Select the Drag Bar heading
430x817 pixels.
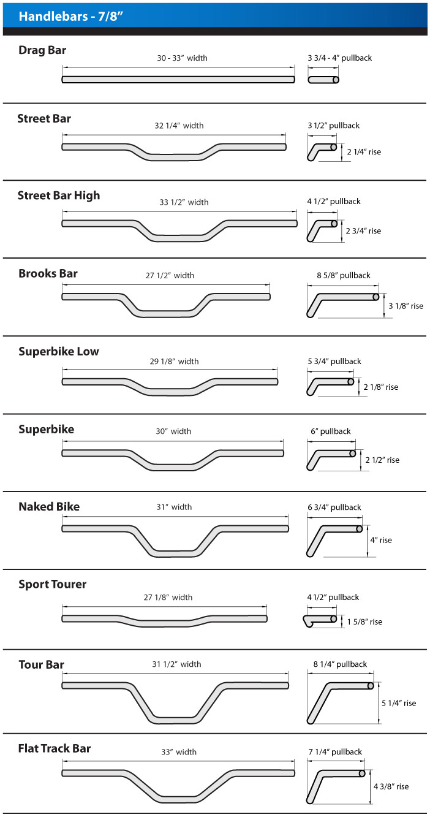[x=42, y=50]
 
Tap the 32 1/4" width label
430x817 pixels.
[x=179, y=126]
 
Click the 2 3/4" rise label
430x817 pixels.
[x=363, y=231]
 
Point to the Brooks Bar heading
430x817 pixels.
[x=48, y=273]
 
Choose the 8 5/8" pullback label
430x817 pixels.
[x=343, y=276]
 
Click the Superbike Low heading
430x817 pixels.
[x=58, y=352]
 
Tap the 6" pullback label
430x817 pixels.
[x=331, y=431]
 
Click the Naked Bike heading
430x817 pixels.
[x=49, y=507]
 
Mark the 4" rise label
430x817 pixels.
[x=380, y=540]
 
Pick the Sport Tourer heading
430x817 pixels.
[x=52, y=585]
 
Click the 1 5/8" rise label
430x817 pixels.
[x=364, y=621]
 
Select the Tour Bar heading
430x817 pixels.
[x=41, y=665]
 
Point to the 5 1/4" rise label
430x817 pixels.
[x=398, y=703]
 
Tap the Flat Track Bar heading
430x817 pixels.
[x=55, y=748]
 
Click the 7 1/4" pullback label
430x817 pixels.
[x=335, y=752]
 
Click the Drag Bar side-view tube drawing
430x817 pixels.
[x=323, y=80]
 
